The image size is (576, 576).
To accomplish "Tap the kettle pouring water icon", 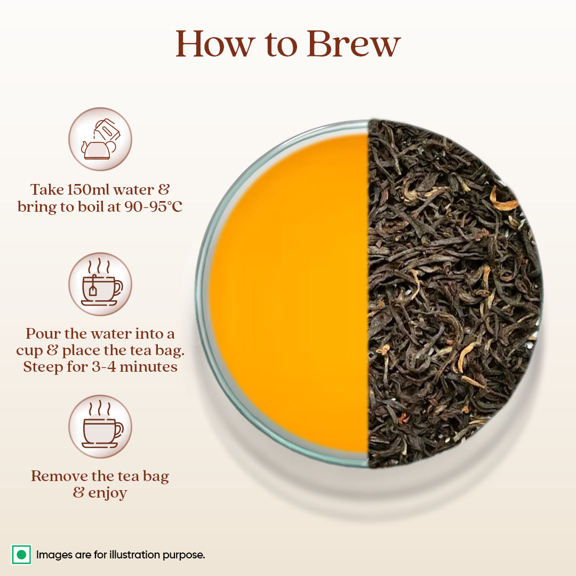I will [x=100, y=139].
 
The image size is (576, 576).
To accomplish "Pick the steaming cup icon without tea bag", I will [x=100, y=427].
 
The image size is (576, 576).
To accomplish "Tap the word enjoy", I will [x=108, y=493].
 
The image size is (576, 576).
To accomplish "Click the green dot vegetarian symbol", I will [x=21, y=555].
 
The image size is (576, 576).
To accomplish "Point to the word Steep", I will [x=42, y=367].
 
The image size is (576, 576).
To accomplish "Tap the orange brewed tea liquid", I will [x=288, y=293].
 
